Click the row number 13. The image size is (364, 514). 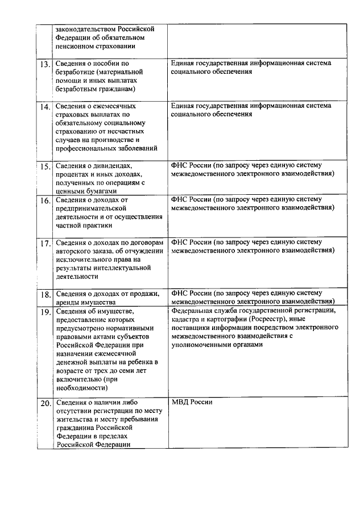(45, 65)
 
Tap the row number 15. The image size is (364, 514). (45, 167)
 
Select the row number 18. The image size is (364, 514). (45, 294)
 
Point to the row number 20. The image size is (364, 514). (45, 404)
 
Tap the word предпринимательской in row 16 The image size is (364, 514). (89, 208)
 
